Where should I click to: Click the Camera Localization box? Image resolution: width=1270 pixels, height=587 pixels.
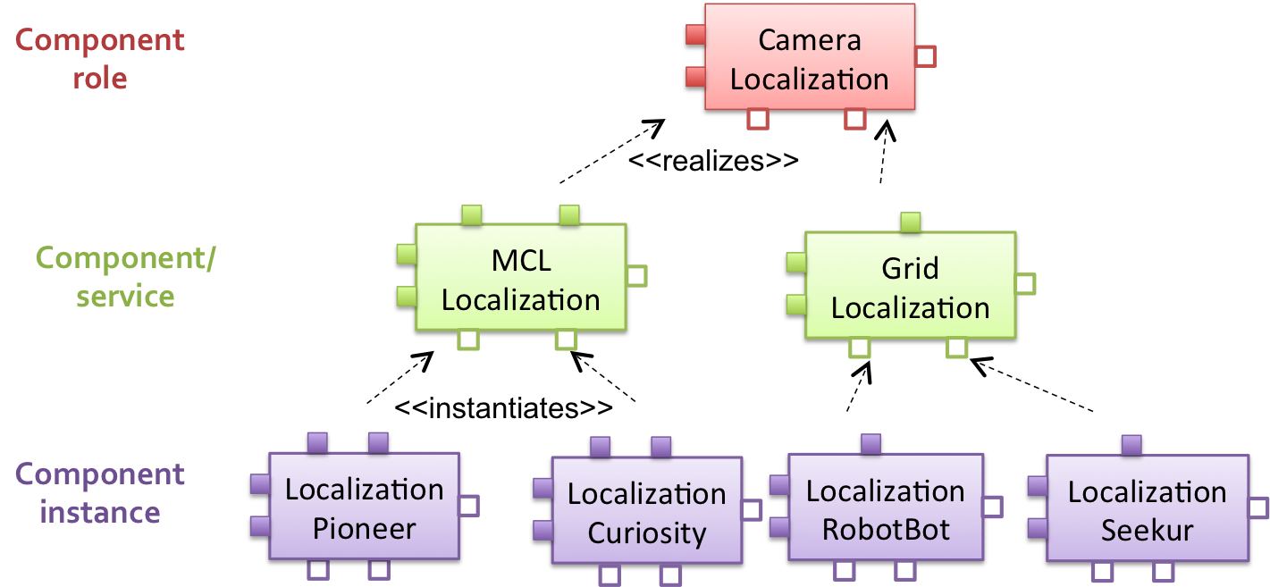(809, 57)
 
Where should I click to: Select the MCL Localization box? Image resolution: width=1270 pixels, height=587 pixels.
(520, 278)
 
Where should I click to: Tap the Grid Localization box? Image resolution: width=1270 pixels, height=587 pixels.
(910, 286)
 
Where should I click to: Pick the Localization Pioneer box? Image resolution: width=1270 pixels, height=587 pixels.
(364, 507)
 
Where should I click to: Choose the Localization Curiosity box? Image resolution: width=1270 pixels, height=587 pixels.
(646, 511)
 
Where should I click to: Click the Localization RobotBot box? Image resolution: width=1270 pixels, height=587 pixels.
(885, 508)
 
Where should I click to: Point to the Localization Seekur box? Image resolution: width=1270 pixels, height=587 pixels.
(1147, 509)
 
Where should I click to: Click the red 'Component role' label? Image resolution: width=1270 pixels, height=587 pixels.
(100, 59)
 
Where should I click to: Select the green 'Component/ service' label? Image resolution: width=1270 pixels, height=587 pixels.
(125, 277)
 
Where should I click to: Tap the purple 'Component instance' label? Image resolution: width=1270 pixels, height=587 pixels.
(100, 493)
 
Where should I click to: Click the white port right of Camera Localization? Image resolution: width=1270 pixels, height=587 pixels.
(926, 56)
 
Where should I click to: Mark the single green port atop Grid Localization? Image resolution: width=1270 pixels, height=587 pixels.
(911, 222)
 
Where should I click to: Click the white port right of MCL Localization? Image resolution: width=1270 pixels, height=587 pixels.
(636, 276)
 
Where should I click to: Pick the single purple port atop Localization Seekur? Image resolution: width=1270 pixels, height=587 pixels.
(1131, 445)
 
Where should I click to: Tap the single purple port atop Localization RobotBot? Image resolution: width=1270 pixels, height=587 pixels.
(870, 444)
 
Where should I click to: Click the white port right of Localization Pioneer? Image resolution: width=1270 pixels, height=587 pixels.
(468, 507)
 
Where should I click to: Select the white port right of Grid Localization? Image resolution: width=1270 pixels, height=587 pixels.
(1025, 284)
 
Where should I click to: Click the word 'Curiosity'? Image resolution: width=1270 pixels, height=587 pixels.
(646, 533)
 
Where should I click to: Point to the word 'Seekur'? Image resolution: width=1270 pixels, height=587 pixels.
(1147, 531)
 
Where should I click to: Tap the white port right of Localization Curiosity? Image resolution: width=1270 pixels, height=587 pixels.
(752, 510)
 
